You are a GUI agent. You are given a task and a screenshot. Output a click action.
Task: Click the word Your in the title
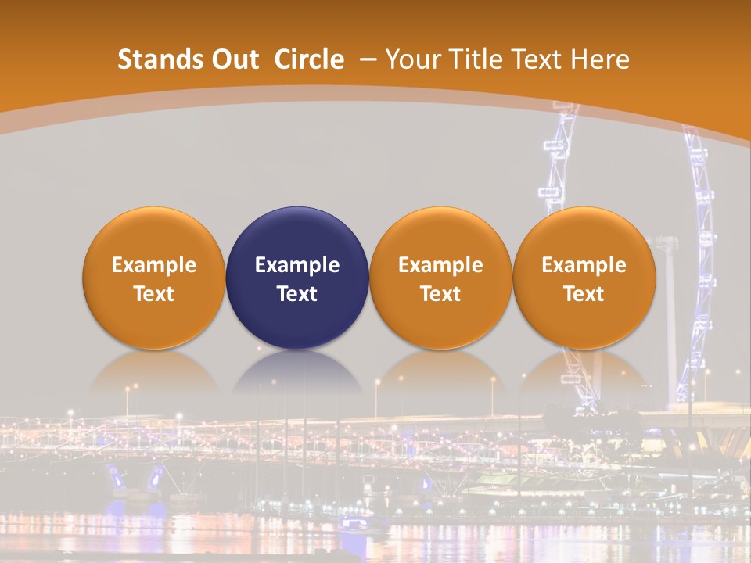click(x=411, y=59)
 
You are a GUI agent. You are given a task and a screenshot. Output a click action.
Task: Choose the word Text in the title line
click(x=535, y=59)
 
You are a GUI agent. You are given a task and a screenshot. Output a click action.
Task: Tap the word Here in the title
click(x=600, y=59)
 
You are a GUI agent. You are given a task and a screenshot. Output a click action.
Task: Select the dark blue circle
click(x=297, y=278)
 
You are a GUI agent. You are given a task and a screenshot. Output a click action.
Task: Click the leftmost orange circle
click(x=154, y=278)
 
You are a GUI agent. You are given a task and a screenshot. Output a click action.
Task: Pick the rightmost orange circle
click(x=584, y=278)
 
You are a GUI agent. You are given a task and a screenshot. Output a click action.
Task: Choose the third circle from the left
click(x=440, y=278)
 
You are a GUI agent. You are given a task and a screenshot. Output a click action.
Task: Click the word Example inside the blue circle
click(x=297, y=265)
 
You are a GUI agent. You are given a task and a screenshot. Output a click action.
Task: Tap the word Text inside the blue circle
click(x=297, y=294)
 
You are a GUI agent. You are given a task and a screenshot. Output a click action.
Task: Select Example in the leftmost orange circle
click(x=154, y=265)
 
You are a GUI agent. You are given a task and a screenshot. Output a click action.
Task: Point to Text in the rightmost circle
click(x=584, y=294)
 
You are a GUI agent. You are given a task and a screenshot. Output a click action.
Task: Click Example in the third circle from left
click(x=440, y=265)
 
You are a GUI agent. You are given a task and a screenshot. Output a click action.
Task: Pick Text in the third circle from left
click(x=440, y=294)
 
